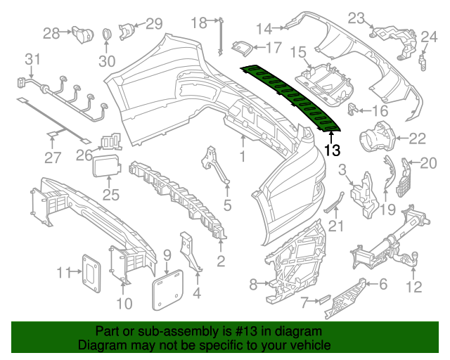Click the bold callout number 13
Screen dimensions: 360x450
[x=333, y=150]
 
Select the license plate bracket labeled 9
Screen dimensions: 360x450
[x=167, y=288]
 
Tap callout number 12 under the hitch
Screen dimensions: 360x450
[x=414, y=286]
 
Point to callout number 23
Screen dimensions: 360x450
[x=356, y=18]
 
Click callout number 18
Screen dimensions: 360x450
[x=200, y=23]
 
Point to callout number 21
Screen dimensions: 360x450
[x=337, y=226]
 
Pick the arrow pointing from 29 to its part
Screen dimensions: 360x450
[x=139, y=26]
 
